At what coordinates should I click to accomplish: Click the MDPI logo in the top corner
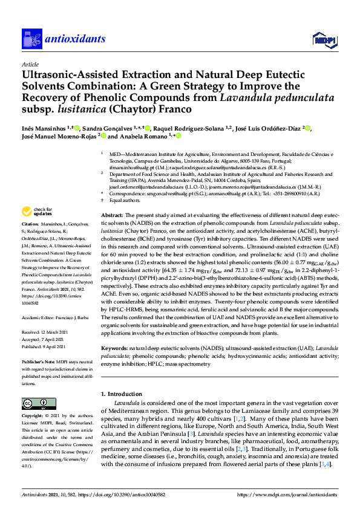323,41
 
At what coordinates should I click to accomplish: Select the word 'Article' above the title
30,63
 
